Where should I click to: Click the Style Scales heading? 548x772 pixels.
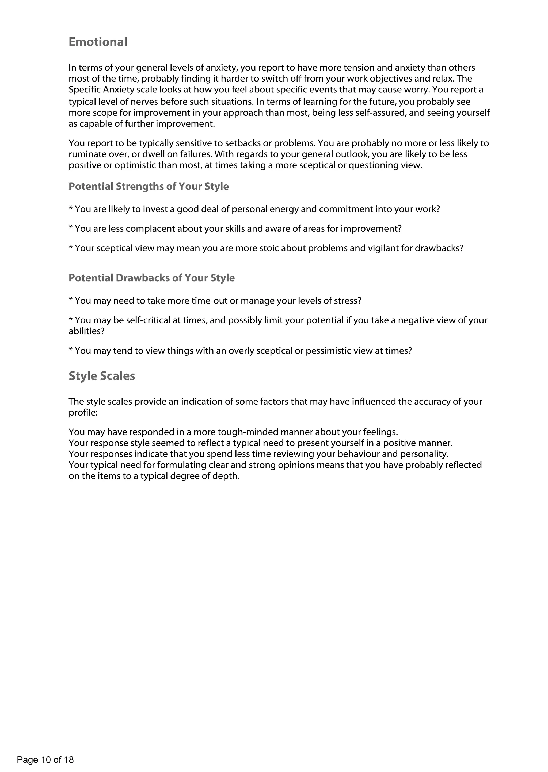(102, 376)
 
